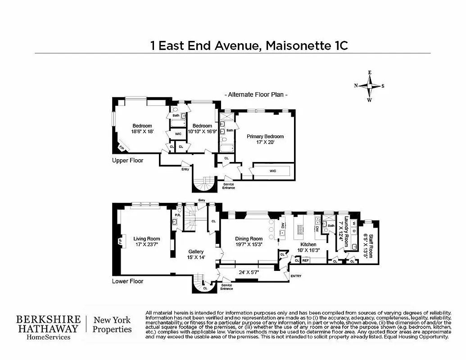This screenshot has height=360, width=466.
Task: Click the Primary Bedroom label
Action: tap(265, 136)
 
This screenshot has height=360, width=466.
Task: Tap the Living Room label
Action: tap(146, 239)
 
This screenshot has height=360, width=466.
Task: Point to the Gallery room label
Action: tap(196, 252)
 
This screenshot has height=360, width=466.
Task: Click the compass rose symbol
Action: tap(370, 86)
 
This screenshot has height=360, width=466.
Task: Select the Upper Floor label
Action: tap(127, 160)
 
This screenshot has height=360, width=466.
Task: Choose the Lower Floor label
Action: tap(127, 281)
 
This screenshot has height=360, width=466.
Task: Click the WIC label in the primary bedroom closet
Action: tap(272, 171)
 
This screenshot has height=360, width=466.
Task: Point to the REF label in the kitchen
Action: tap(306, 260)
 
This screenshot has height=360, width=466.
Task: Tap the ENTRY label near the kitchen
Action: tap(296, 276)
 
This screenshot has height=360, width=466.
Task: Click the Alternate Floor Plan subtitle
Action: tap(256, 94)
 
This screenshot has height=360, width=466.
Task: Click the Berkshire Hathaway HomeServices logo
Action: tap(49, 327)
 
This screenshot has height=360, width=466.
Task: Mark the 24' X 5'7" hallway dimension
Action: tap(249, 272)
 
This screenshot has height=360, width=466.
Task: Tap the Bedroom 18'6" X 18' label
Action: tap(142, 129)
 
